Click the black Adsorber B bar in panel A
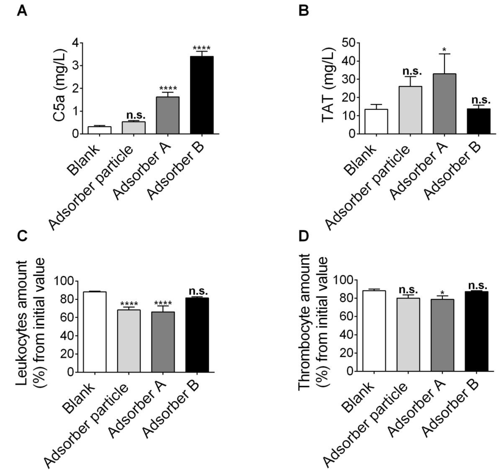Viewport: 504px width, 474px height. (202, 95)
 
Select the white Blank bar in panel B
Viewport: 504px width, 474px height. (376, 121)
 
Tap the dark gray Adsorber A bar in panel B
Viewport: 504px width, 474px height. (444, 104)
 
